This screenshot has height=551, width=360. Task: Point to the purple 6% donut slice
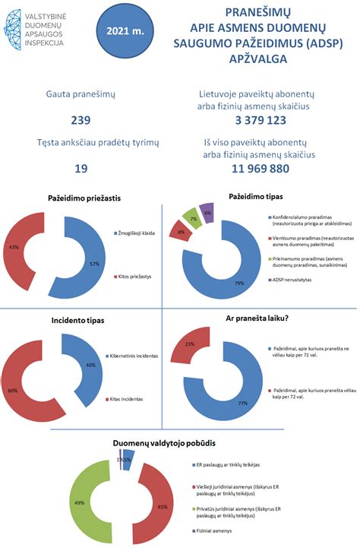point(207,214)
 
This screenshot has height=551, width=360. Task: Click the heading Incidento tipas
point(78,321)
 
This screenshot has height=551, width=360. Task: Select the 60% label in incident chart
point(11,390)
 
